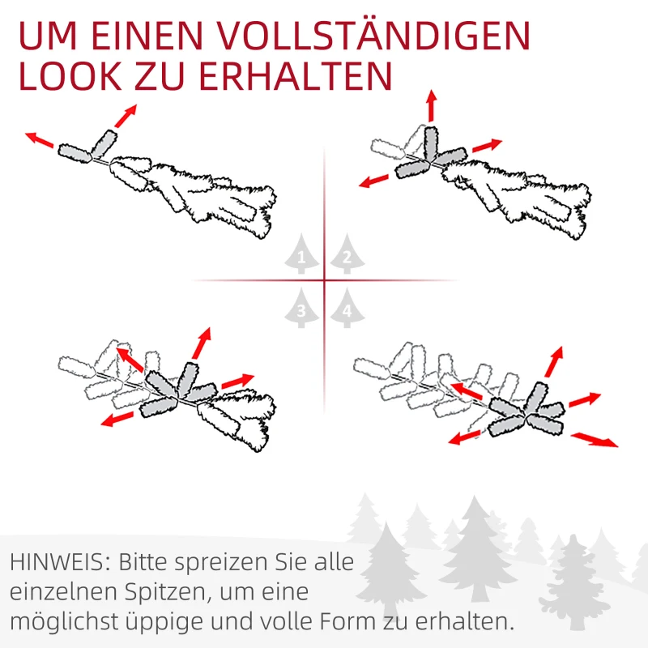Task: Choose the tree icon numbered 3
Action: click(x=301, y=308)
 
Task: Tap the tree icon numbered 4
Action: click(x=347, y=308)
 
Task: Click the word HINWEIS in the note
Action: click(x=58, y=562)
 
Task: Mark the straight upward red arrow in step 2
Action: click(x=431, y=106)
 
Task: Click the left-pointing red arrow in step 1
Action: click(x=40, y=140)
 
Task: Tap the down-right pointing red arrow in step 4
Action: click(x=595, y=440)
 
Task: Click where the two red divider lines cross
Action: click(x=324, y=281)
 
